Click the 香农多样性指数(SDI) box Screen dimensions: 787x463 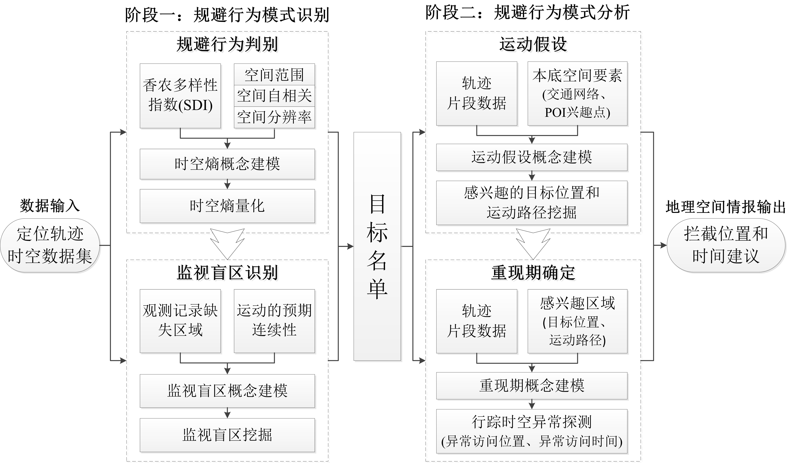pos(180,96)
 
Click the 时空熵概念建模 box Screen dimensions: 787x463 pos(227,164)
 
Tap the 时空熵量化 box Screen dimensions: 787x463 pos(227,206)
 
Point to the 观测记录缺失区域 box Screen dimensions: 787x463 pos(180,321)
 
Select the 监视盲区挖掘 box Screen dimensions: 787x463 pos(227,435)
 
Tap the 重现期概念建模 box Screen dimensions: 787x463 pos(532,386)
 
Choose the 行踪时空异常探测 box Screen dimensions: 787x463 pos(532,431)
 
